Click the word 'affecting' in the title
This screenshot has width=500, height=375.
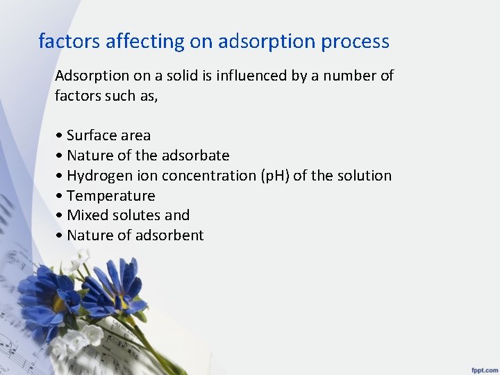[x=145, y=42]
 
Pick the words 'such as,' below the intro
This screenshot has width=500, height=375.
[x=132, y=96]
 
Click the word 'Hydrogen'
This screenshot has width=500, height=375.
[x=97, y=176]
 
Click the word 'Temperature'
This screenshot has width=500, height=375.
[x=110, y=196]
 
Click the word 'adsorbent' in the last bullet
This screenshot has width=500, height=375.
[x=169, y=235]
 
